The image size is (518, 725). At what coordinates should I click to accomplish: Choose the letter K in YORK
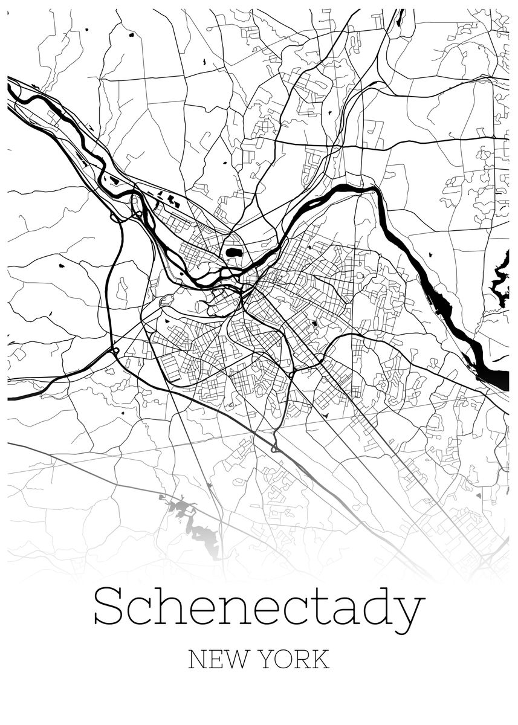pos(320,659)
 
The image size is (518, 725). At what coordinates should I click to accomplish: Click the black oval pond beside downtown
pos(233,251)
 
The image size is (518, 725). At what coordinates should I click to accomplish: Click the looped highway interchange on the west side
pos(114,350)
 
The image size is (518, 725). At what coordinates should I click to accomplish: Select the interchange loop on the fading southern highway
pos(275,448)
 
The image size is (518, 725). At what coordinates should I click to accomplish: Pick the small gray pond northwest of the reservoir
pos(162,497)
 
